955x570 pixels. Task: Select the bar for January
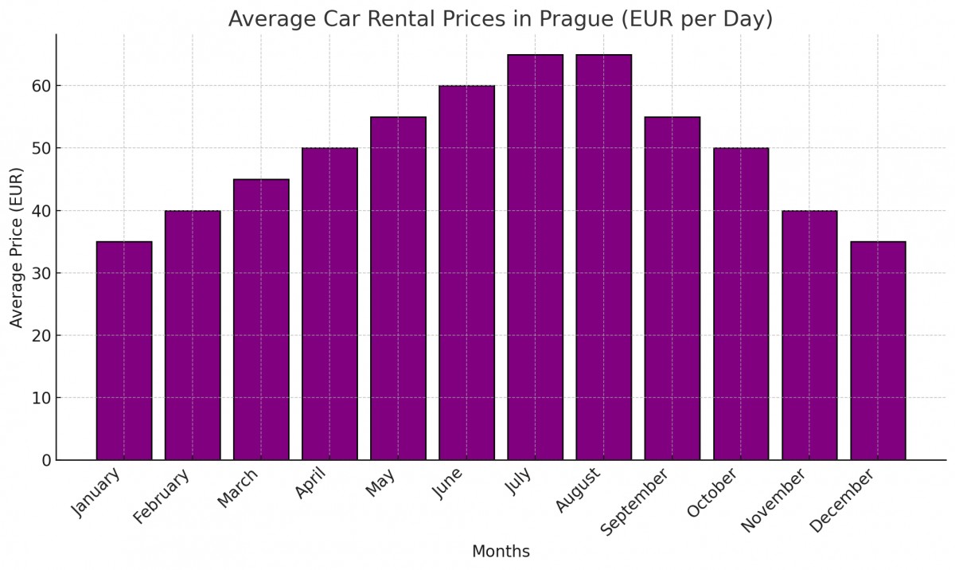pos(124,350)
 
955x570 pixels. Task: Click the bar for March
pos(261,319)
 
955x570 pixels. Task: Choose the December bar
pos(878,350)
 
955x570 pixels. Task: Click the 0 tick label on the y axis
pos(46,460)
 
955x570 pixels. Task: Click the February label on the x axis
pos(162,496)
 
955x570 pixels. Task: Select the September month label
pos(634,502)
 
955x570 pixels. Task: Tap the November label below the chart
pos(774,500)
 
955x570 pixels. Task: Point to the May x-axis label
pos(381,482)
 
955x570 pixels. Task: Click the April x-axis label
pos(311,483)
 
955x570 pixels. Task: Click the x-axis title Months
pos(501,552)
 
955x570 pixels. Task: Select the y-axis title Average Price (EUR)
pos(18,247)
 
